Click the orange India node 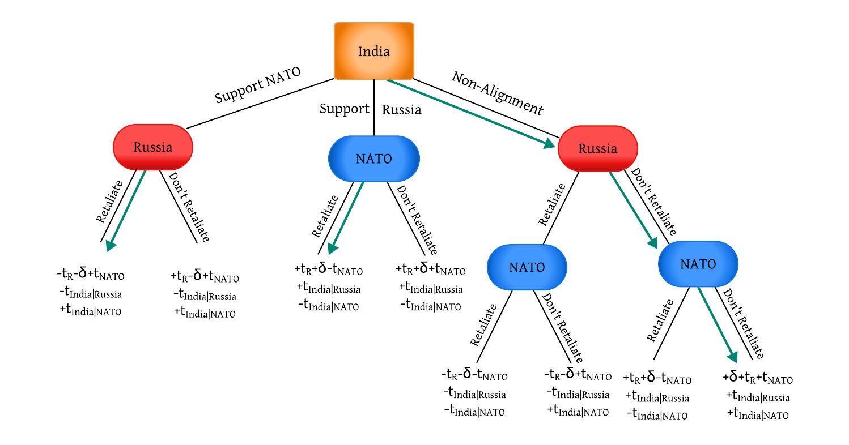click(374, 52)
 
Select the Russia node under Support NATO click(153, 147)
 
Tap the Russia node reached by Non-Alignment click(597, 149)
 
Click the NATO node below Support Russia click(373, 159)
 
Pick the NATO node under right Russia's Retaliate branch click(527, 267)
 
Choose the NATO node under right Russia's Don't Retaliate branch click(698, 264)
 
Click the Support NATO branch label click(257, 85)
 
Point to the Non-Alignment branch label click(497, 93)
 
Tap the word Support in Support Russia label click(344, 109)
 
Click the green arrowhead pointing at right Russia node click(549, 144)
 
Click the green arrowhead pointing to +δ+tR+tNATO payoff click(732, 357)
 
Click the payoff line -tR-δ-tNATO click(474, 375)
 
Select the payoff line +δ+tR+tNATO click(758, 378)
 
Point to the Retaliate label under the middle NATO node click(325, 216)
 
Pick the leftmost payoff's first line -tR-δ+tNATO click(91, 275)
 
